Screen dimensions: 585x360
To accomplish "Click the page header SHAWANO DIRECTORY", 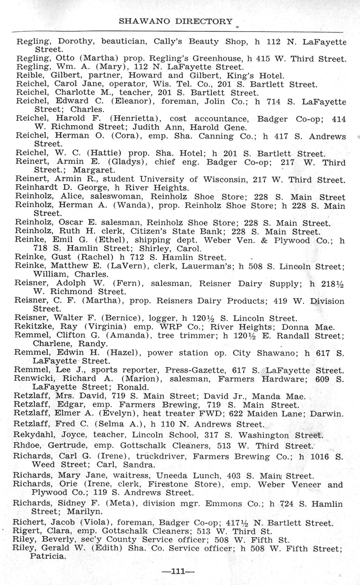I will click(175, 21).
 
